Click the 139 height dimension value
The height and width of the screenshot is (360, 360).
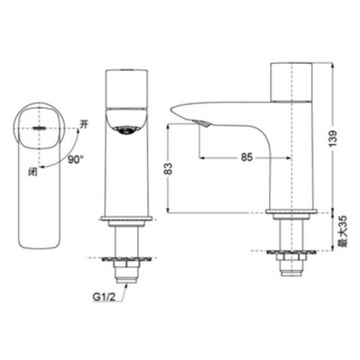(x=333, y=138)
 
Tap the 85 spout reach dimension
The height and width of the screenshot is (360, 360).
(x=246, y=157)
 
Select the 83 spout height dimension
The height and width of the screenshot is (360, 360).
(x=169, y=169)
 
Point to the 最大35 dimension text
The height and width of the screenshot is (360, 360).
(x=342, y=232)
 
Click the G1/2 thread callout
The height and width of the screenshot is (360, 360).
(x=104, y=297)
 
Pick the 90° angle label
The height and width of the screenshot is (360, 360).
(x=75, y=160)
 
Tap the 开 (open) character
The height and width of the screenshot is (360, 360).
(x=83, y=124)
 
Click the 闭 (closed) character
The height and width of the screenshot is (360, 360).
(x=33, y=171)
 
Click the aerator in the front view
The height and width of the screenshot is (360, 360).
(x=126, y=130)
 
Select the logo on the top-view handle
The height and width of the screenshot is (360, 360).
(x=40, y=128)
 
